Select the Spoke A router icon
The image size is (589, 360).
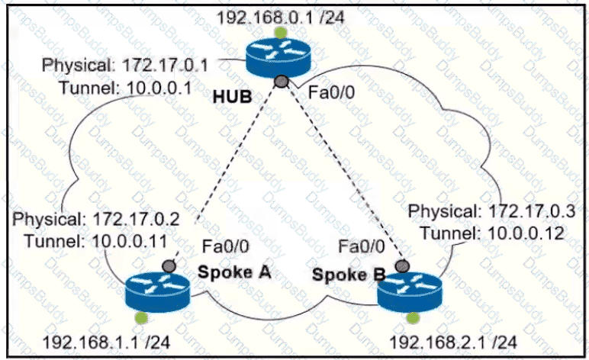click(158, 294)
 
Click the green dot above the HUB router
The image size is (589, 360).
click(280, 32)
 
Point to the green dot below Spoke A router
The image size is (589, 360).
click(142, 318)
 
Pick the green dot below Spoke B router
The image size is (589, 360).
click(413, 318)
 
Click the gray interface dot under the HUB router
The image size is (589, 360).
click(282, 81)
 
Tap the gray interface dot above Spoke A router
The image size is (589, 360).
click(169, 266)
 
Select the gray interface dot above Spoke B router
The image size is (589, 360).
click(403, 266)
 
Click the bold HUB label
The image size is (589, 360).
click(233, 98)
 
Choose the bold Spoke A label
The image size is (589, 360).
click(234, 272)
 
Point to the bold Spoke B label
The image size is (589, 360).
click(349, 275)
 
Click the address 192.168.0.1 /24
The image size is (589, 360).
click(281, 18)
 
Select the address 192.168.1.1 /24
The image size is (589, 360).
click(106, 342)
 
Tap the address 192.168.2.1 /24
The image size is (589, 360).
click(453, 342)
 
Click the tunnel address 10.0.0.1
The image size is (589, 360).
click(159, 88)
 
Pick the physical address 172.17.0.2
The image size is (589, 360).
click(137, 219)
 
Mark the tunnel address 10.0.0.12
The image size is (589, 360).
click(525, 233)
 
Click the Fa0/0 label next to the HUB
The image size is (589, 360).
click(331, 92)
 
